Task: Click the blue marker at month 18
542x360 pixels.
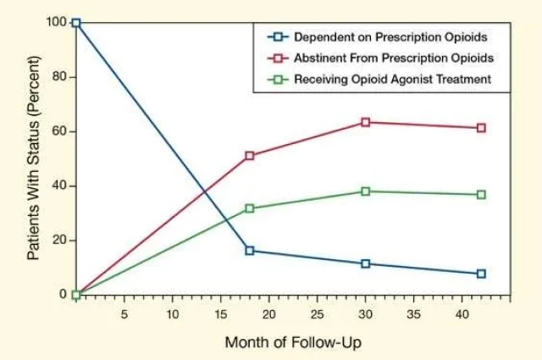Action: [x=250, y=251]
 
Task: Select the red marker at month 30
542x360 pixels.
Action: [x=366, y=122]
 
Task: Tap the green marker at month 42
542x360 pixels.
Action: [x=481, y=195]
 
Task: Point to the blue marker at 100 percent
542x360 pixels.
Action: [x=76, y=23]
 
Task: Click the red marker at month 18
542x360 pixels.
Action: [x=250, y=156]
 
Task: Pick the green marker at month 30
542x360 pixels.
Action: [x=366, y=191]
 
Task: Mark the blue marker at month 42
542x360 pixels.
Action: [x=481, y=274]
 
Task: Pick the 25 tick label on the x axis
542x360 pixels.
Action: [x=318, y=313]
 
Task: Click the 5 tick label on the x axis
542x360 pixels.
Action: [x=124, y=313]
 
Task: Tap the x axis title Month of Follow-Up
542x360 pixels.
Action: [x=293, y=342]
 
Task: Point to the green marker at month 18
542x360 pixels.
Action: [x=250, y=208]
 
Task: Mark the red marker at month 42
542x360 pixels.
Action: [x=481, y=128]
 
